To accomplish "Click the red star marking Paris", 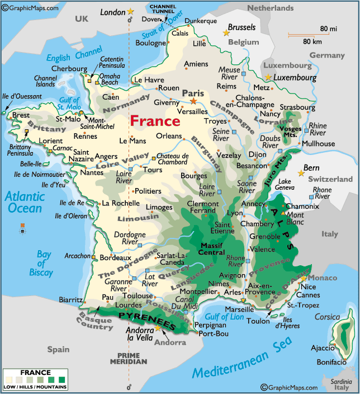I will click(x=193, y=101).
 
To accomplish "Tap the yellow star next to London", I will click(x=131, y=11).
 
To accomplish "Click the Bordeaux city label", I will click(x=116, y=257).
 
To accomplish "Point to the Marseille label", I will click(x=240, y=309).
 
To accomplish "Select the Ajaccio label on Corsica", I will click(x=323, y=348).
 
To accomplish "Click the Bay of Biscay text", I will click(x=45, y=264).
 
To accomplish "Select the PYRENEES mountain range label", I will click(x=147, y=321).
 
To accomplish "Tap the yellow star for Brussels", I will click(x=226, y=32).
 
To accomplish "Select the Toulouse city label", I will click(x=137, y=295).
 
